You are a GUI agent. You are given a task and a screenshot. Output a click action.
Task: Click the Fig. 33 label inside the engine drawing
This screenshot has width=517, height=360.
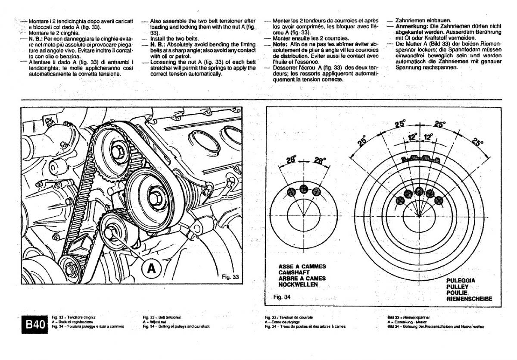[x=230, y=277]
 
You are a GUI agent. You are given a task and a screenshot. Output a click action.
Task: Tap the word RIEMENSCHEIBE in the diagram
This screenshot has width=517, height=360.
[x=469, y=298]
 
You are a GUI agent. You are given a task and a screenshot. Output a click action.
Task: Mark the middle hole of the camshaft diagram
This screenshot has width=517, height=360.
[x=304, y=188]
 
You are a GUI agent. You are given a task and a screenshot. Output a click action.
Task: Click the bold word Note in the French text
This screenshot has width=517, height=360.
[x=280, y=44]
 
